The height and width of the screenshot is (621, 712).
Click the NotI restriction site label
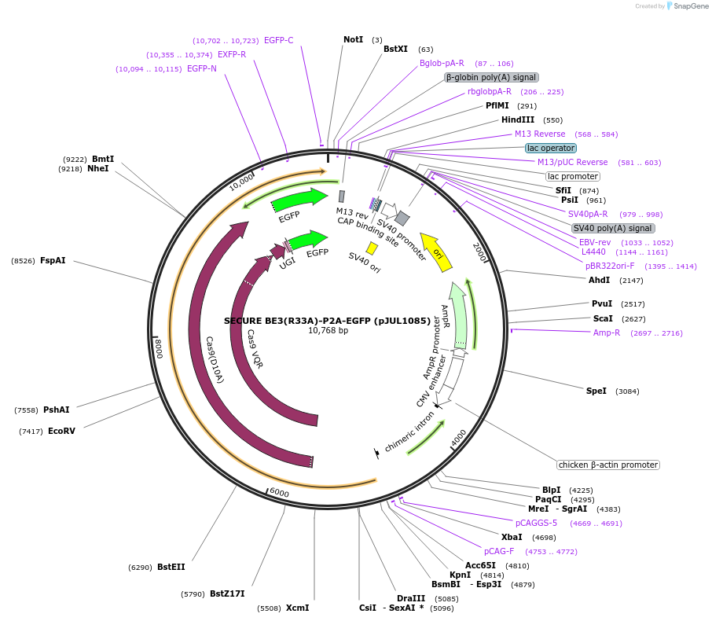pos(353,39)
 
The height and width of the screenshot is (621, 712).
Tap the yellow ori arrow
pos(436,251)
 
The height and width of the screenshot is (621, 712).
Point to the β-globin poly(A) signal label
pos(491,77)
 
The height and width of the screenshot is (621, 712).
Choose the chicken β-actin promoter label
pos(608,465)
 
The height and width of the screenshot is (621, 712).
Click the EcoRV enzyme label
pos(61,431)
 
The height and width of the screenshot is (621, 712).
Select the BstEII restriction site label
pos(171,567)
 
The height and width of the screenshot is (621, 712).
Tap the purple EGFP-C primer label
pos(278,40)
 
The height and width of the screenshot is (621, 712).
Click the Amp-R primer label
pos(607,333)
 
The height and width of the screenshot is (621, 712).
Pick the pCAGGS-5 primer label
pos(536,523)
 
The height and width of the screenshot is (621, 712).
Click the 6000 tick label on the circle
pos(279,493)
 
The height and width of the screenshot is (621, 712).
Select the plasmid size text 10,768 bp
pos(328,331)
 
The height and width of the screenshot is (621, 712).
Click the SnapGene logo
pos(686,6)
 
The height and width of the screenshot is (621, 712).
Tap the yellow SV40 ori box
pos(372,248)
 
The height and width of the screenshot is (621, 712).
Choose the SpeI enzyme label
pos(596,391)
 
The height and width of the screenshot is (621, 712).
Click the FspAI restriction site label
pos(53,260)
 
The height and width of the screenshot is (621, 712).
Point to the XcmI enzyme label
pos(297,608)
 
